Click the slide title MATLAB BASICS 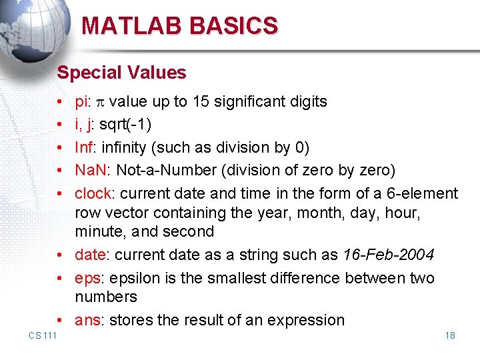point(179,26)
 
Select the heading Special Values point(121,72)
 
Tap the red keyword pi point(81,102)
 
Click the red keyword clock point(92,193)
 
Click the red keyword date point(88,255)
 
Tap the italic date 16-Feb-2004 point(388,255)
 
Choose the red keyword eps point(87,278)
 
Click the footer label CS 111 point(43,335)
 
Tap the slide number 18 point(450,335)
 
